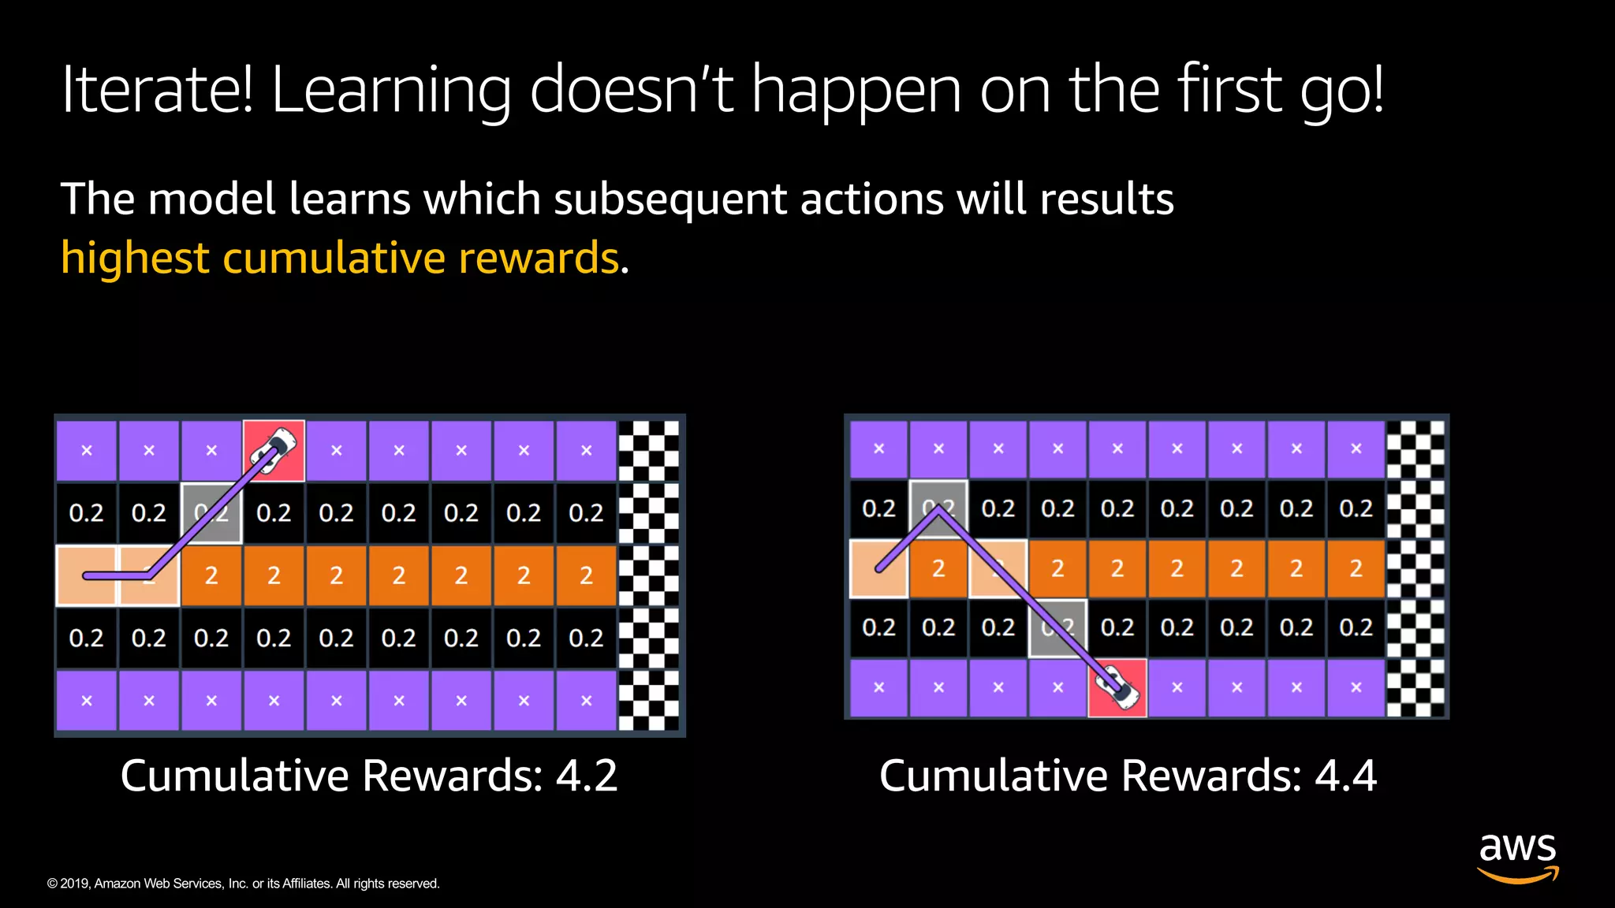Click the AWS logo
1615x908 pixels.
(1517, 858)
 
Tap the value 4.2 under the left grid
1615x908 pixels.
(587, 776)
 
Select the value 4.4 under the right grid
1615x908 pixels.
(1345, 776)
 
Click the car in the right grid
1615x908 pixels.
(1118, 686)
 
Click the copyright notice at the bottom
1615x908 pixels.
(243, 884)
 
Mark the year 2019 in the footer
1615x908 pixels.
(76, 884)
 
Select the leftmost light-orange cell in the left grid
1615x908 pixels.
(86, 575)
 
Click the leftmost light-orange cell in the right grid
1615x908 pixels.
(878, 567)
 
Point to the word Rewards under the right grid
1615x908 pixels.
(1211, 776)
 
